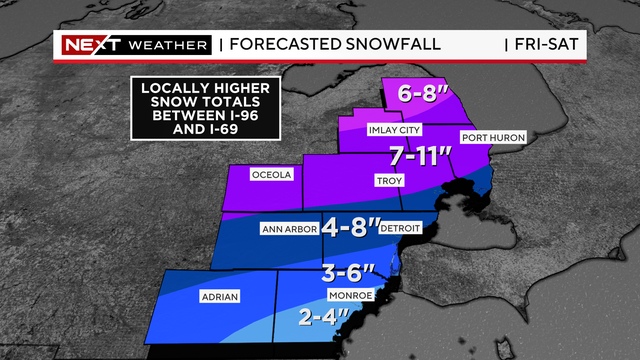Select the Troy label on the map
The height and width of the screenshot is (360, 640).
coord(389,181)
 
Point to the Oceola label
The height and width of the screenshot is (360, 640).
coord(271,174)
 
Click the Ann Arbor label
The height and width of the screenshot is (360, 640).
coord(289,229)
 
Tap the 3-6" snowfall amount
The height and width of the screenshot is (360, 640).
coord(349,272)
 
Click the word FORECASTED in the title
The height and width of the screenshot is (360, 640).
coord(287,44)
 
